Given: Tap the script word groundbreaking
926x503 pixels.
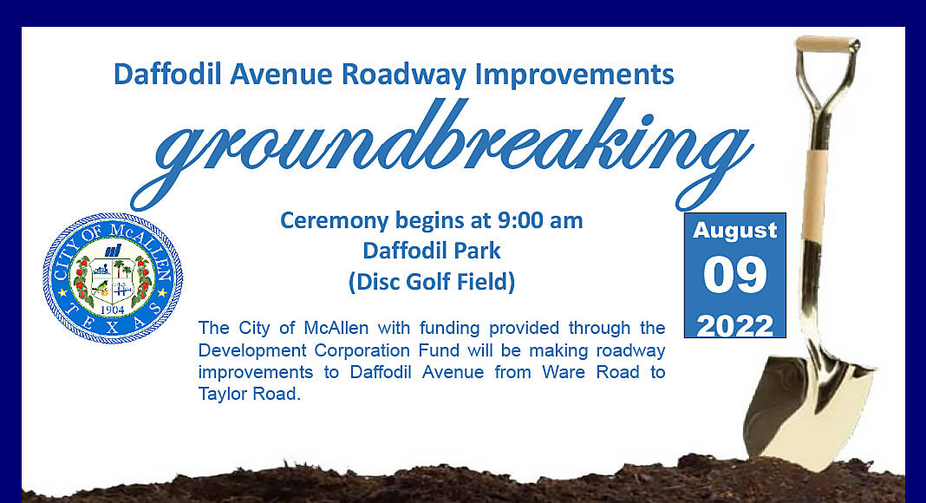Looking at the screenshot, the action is click(440, 154).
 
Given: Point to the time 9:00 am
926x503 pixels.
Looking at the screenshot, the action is click(540, 220).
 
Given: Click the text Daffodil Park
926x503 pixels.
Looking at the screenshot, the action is click(432, 251).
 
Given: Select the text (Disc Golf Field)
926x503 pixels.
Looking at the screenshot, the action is click(432, 282).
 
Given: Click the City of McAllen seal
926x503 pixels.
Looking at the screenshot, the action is click(113, 278).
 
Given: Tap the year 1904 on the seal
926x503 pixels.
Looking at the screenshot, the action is click(112, 310).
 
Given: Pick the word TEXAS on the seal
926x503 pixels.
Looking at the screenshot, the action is click(112, 323).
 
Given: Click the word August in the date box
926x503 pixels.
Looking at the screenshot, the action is click(734, 231).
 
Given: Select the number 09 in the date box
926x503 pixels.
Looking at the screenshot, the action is click(734, 275).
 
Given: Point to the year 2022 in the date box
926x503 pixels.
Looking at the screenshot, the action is click(734, 326).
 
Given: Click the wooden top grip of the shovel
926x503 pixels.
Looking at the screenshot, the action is click(827, 43).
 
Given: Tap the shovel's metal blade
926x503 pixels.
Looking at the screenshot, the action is click(809, 408).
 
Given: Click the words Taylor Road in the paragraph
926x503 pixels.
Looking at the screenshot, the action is click(249, 394).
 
